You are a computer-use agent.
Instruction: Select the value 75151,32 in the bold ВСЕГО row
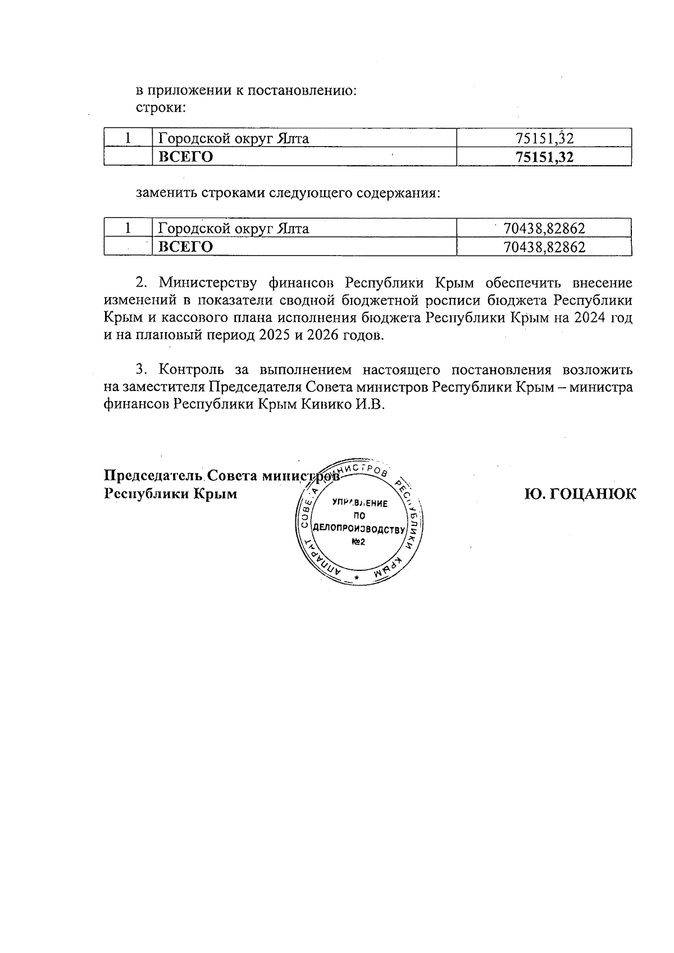tap(544, 157)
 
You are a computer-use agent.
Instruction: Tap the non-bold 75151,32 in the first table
tap(544, 138)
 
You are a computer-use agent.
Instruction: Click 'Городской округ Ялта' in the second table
tap(234, 229)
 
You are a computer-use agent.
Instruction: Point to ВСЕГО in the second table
tap(186, 247)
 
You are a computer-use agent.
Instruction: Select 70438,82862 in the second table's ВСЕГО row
tap(544, 247)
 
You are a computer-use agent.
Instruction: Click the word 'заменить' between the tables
tap(164, 193)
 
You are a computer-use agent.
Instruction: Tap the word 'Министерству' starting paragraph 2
tap(208, 282)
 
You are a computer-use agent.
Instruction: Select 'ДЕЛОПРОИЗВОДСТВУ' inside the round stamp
tap(359, 529)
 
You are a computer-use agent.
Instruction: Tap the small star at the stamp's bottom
tap(356, 578)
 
